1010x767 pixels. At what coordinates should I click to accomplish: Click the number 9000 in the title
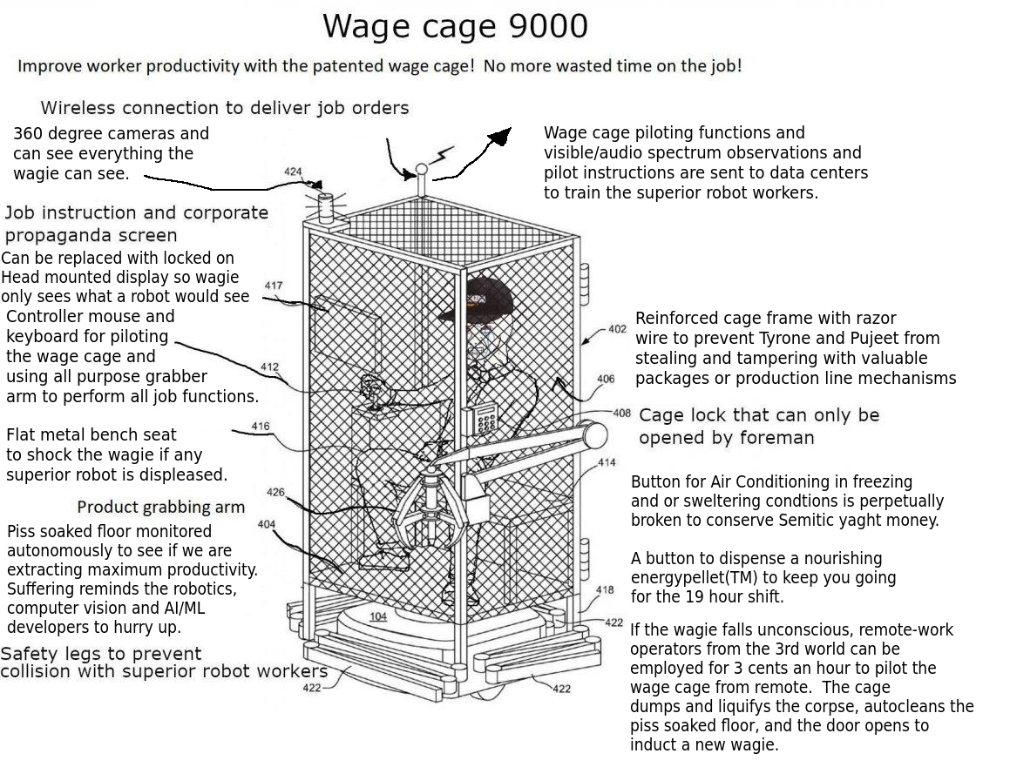coord(548,26)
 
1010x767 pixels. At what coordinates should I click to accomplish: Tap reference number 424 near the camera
coord(293,172)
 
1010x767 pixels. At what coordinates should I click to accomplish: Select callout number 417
coord(273,285)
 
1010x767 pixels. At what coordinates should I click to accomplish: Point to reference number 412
coord(269,367)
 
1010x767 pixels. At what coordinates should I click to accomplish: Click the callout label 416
coord(261,426)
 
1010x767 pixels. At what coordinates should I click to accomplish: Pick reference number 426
coord(275,492)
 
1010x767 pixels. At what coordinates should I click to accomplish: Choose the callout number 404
coord(266,524)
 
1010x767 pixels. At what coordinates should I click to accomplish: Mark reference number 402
coord(617,329)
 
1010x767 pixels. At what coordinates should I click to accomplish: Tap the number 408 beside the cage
coord(621,413)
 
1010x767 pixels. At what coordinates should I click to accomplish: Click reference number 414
coord(607,462)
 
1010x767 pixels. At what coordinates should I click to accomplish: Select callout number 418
coord(605,589)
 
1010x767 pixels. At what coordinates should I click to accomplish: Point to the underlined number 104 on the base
coord(378,616)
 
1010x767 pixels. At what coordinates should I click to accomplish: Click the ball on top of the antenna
coord(421,170)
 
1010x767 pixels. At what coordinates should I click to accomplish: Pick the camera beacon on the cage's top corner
coord(326,207)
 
